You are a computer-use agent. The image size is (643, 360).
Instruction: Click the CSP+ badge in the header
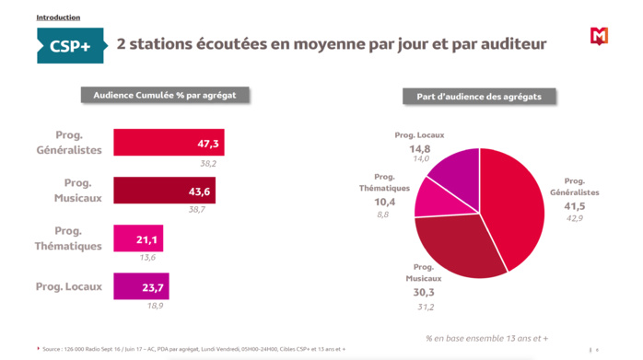click(x=70, y=45)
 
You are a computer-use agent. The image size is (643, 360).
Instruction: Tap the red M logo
click(x=599, y=36)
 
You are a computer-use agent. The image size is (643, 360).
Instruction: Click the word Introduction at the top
click(x=58, y=17)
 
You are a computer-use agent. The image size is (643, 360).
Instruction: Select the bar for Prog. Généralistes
click(x=169, y=143)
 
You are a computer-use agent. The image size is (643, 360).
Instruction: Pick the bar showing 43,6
click(x=165, y=191)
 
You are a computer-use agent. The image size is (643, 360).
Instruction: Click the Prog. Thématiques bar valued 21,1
click(x=138, y=238)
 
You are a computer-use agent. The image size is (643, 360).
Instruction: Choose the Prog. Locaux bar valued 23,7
click(x=141, y=286)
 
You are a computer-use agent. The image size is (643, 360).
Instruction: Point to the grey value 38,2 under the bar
click(x=209, y=163)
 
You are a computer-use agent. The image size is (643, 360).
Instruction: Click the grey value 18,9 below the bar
click(x=157, y=306)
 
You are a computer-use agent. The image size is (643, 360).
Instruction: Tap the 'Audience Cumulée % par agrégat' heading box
click(x=165, y=95)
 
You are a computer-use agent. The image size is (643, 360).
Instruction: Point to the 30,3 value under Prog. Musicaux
click(x=425, y=292)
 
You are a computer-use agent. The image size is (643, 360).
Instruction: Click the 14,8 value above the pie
click(x=419, y=147)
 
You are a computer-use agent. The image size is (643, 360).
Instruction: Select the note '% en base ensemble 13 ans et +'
click(x=494, y=337)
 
